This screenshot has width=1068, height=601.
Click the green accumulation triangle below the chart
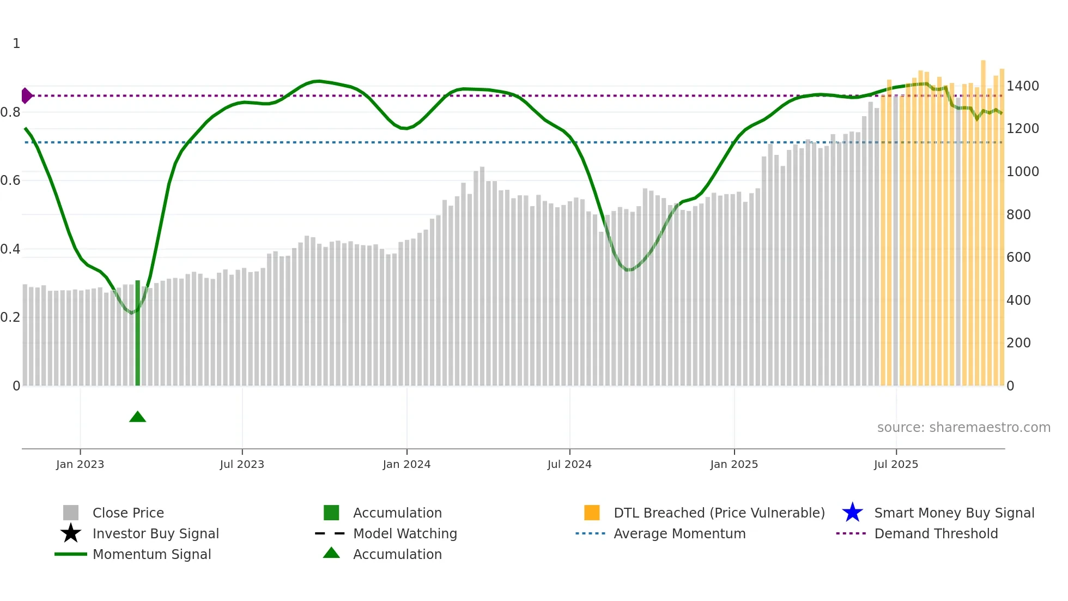(x=137, y=417)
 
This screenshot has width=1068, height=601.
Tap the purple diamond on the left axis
(x=26, y=95)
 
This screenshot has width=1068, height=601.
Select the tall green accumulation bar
(x=137, y=333)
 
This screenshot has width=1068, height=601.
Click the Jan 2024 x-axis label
(x=406, y=464)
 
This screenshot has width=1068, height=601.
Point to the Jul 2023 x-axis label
(x=242, y=464)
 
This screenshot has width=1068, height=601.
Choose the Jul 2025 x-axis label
(x=896, y=464)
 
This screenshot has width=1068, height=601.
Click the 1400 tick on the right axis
(x=1022, y=86)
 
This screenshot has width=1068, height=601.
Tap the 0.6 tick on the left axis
(x=11, y=181)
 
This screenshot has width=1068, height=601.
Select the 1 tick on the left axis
(x=16, y=44)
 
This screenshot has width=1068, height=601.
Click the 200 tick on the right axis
(x=1018, y=343)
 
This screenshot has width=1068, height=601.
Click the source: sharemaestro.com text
(x=963, y=428)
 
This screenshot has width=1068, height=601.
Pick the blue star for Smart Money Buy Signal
(x=852, y=513)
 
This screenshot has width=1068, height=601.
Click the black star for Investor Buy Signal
(x=71, y=533)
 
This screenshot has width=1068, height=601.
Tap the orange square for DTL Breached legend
(x=592, y=513)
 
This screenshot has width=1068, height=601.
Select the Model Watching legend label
(x=405, y=533)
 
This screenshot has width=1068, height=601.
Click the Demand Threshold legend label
(x=936, y=533)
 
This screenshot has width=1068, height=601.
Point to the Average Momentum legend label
(x=679, y=533)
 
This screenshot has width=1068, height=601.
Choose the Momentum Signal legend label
(x=151, y=554)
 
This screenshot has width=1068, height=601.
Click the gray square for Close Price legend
(x=71, y=513)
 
